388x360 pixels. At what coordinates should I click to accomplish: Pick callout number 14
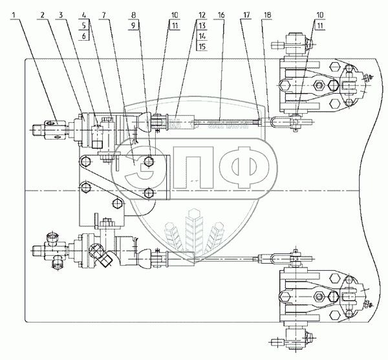click(x=201, y=36)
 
